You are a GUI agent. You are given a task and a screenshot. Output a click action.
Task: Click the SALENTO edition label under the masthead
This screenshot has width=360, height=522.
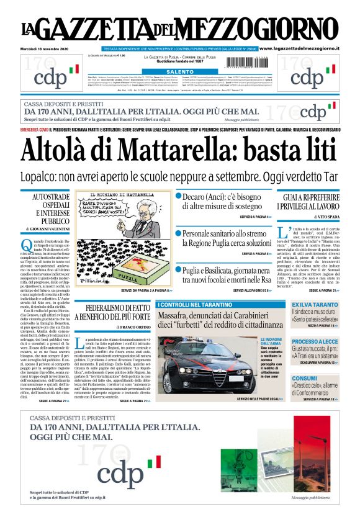click(x=181, y=72)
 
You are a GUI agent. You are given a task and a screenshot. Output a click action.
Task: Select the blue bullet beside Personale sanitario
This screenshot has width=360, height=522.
click(x=178, y=233)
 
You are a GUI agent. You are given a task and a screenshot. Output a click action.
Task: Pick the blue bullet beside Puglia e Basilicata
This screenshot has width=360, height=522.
click(x=178, y=270)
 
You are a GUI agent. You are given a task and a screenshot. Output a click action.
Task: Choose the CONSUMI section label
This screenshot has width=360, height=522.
click(x=305, y=378)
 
